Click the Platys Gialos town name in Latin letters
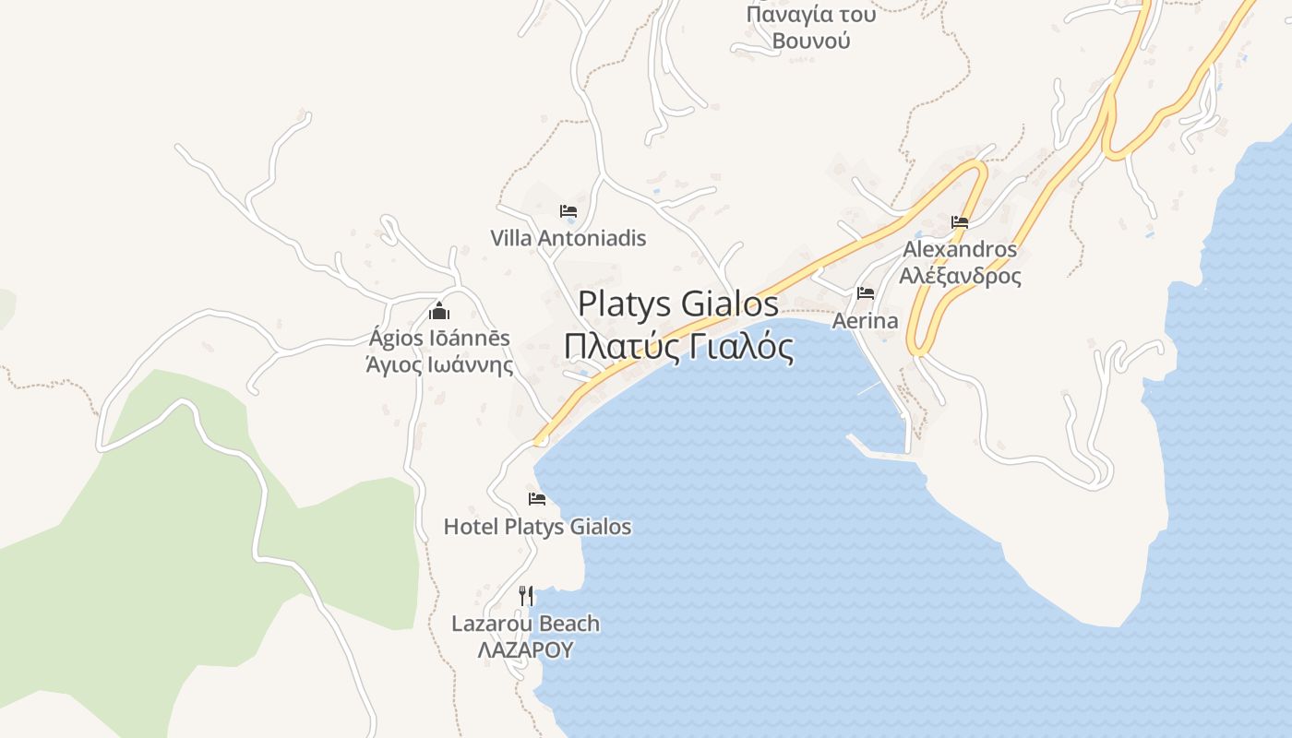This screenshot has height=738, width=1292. tap(678, 304)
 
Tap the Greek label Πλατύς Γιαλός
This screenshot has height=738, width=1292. tap(678, 347)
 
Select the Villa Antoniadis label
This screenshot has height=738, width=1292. tap(568, 238)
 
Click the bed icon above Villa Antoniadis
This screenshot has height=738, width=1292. tap(568, 211)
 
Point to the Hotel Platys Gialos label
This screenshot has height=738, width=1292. tap(537, 527)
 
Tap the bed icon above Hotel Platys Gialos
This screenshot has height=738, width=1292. tap(537, 499)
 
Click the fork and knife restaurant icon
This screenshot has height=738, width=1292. tap(526, 595)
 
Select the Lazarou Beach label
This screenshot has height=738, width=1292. tap(525, 624)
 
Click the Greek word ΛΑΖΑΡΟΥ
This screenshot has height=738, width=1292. tap(525, 649)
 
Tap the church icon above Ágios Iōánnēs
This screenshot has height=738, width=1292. tap(439, 311)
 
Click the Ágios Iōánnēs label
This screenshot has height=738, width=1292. tap(439, 338)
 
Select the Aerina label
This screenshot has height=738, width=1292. tap(865, 321)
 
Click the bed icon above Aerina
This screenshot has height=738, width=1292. tap(866, 293)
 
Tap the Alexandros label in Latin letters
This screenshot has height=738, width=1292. tap(960, 249)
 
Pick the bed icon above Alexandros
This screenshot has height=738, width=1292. tap(960, 222)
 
